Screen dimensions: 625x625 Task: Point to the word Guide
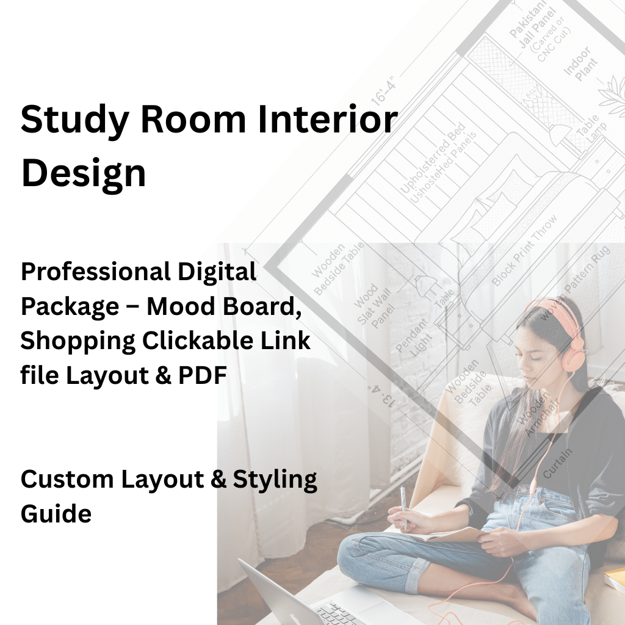56,513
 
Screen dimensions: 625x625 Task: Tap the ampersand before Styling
218,479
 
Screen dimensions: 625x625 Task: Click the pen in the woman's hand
403,507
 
